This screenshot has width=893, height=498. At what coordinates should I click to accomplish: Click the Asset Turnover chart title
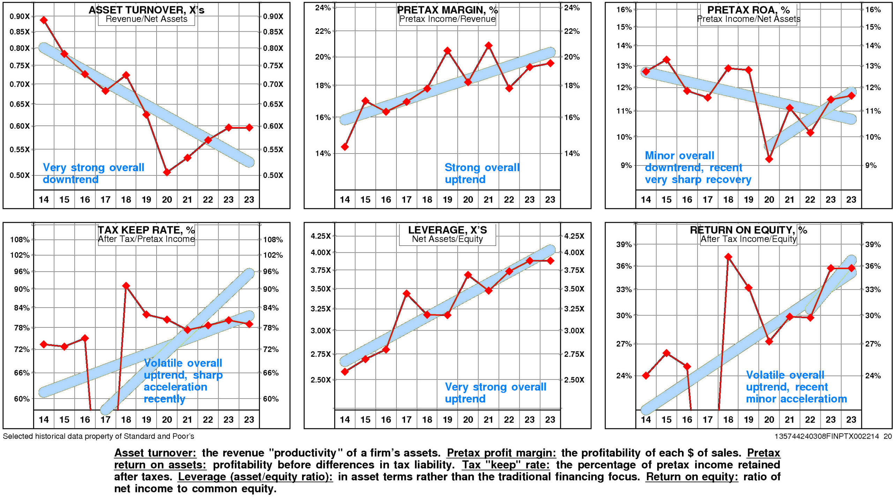[146, 10]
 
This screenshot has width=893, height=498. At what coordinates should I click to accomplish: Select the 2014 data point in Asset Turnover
[44, 20]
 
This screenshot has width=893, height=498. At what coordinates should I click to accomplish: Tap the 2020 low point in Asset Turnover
[167, 172]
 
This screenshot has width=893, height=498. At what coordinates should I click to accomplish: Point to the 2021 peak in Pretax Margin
[488, 45]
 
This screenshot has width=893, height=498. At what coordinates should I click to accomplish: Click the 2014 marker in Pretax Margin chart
[345, 147]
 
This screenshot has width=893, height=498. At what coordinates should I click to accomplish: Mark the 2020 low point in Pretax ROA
[769, 159]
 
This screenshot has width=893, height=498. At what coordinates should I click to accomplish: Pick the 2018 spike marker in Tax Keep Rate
[126, 286]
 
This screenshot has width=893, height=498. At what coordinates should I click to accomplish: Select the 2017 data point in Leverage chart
[406, 294]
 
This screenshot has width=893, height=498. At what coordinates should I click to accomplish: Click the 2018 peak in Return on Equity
[728, 257]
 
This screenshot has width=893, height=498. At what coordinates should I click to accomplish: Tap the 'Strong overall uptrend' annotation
[481, 173]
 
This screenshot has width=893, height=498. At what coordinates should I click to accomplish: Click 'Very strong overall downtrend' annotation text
[93, 173]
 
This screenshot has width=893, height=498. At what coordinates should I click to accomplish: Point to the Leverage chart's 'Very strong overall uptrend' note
[495, 393]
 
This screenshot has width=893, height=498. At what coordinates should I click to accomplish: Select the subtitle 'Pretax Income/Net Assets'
[749, 19]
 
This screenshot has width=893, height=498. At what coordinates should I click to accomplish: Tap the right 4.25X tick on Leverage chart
[574, 236]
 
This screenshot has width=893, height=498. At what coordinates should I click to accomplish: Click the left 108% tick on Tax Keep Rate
[20, 240]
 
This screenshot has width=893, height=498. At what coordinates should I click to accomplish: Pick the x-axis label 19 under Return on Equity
[749, 420]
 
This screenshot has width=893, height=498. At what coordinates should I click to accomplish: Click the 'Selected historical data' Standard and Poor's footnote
[98, 436]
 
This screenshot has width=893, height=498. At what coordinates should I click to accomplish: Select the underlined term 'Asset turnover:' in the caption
[155, 453]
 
